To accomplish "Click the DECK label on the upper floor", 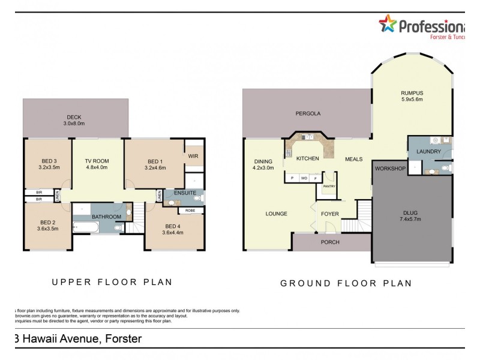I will pos(74,117).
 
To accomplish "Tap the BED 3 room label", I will pos(50,161).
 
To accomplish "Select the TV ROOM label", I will pos(97,161).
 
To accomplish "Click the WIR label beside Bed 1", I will pos(193,156).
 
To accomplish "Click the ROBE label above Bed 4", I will pos(190,211).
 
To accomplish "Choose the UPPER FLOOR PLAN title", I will pos(112,281).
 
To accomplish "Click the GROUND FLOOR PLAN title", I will pos(346,283).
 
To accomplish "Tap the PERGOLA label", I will pos(308,113).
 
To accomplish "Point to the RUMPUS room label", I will pos(412,92).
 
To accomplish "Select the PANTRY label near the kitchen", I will pos(329,186).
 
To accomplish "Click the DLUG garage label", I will pos(411,212).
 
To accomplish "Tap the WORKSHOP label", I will pos(390,169).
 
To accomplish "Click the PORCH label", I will pos(330,242).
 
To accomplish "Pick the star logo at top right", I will pos(388,25).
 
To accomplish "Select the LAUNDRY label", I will pos(428,152).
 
